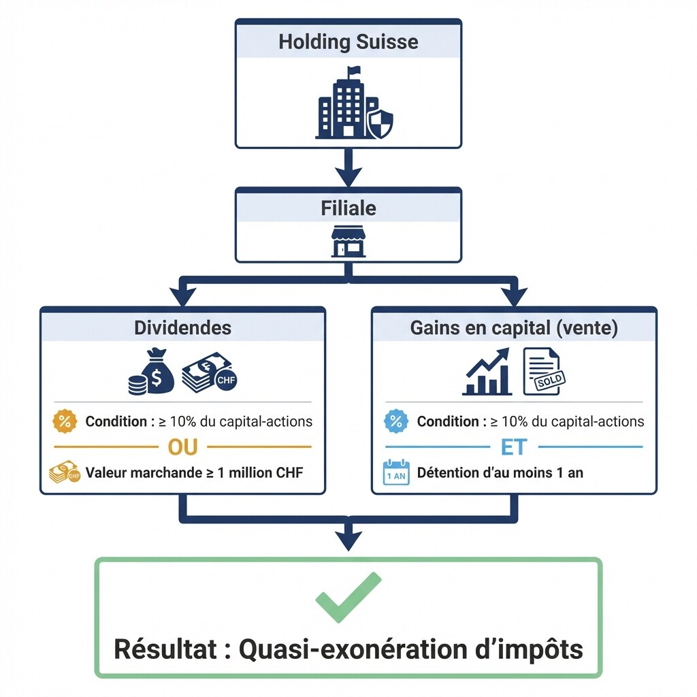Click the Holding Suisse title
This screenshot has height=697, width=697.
pyautogui.click(x=348, y=42)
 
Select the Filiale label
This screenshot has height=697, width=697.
pyautogui.click(x=348, y=208)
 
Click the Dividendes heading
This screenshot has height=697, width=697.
pyautogui.click(x=182, y=327)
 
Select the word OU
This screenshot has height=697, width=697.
pyautogui.click(x=182, y=447)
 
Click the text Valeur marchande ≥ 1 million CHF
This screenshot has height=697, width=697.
pyautogui.click(x=195, y=472)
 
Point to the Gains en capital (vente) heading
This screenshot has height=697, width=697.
pyautogui.click(x=514, y=327)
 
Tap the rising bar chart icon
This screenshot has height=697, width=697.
pyautogui.click(x=486, y=373)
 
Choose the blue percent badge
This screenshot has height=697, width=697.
pyautogui.click(x=395, y=421)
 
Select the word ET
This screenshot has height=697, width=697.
pyautogui.click(x=514, y=447)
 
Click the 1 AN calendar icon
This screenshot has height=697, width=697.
pyautogui.click(x=396, y=472)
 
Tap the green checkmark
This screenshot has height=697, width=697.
pyautogui.click(x=348, y=597)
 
